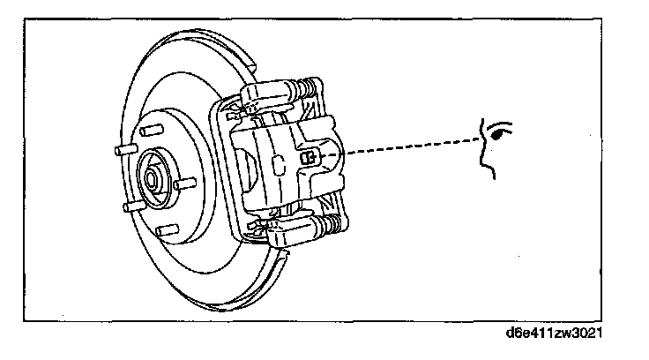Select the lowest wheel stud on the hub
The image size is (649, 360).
(x=161, y=231)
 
